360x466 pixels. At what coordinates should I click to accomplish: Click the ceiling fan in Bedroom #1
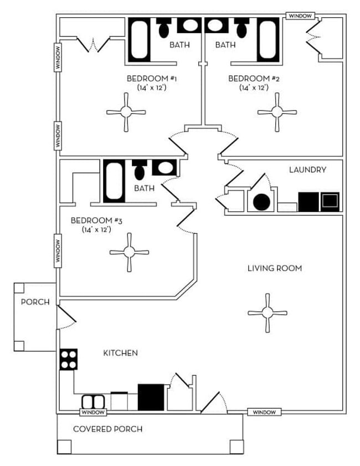pyautogui.click(x=126, y=112)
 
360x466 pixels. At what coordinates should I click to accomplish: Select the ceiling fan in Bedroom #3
pyautogui.click(x=129, y=252)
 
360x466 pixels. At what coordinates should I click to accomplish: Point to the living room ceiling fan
pyautogui.click(x=268, y=313)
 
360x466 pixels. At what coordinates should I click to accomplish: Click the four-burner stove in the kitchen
pyautogui.click(x=69, y=359)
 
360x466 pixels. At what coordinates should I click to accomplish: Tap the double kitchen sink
pyautogui.click(x=92, y=402)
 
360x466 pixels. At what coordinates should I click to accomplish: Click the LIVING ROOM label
pyautogui.click(x=274, y=268)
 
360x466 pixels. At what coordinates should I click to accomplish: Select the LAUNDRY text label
pyautogui.click(x=307, y=170)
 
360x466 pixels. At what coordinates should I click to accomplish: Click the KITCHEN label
pyautogui.click(x=120, y=353)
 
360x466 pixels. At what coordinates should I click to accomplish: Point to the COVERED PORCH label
pyautogui.click(x=108, y=429)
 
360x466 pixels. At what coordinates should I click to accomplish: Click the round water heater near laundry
pyautogui.click(x=261, y=202)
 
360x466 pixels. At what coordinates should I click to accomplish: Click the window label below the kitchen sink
pyautogui.click(x=92, y=412)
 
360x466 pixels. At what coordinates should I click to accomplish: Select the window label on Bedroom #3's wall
pyautogui.click(x=57, y=250)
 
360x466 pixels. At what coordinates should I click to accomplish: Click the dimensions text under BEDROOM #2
pyautogui.click(x=254, y=88)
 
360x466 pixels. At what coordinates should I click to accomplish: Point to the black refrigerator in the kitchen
pyautogui.click(x=151, y=397)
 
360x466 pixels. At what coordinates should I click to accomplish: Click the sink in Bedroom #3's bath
pyautogui.click(x=165, y=167)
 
